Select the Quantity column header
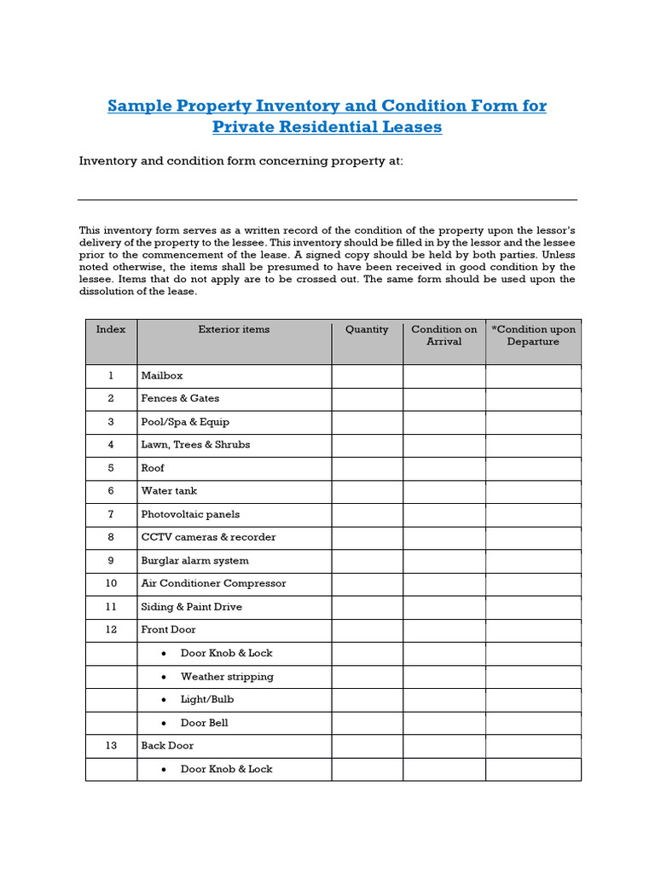click(x=367, y=330)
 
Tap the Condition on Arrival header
click(x=444, y=335)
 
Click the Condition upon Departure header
click(x=533, y=335)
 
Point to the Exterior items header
click(x=234, y=330)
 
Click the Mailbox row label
click(x=162, y=375)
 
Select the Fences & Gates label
click(x=180, y=398)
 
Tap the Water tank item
click(x=169, y=491)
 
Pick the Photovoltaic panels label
click(x=190, y=514)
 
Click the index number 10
click(x=111, y=583)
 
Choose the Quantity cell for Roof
click(x=367, y=468)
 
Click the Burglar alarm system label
click(x=195, y=560)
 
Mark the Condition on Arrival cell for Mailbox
click(x=444, y=375)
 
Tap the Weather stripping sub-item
click(x=227, y=676)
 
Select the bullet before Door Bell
click(x=164, y=723)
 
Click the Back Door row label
click(x=167, y=745)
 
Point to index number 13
click(x=111, y=745)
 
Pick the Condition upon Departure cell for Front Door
click(x=533, y=629)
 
